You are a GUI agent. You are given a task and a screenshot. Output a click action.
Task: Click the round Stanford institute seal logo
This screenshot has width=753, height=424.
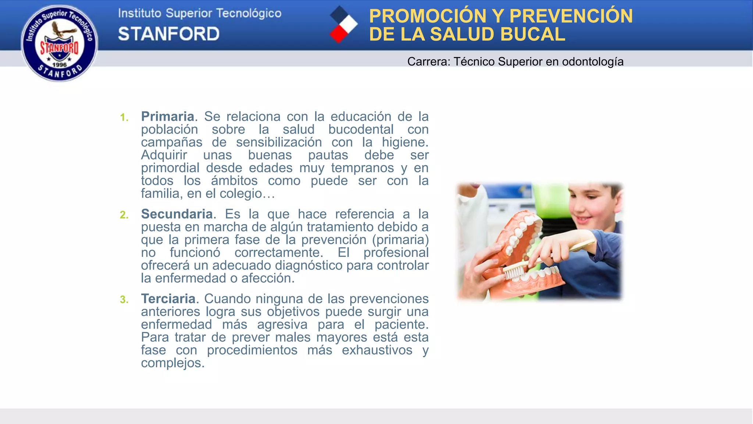[x=60, y=43]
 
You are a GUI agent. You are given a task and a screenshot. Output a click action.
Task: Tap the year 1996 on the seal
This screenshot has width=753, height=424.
[x=59, y=65]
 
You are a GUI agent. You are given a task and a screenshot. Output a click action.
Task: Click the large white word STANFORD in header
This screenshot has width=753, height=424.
[x=169, y=34]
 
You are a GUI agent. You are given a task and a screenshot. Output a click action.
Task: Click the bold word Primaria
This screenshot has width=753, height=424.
[x=168, y=117]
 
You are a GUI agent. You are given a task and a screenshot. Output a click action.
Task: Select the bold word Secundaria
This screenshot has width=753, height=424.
[x=177, y=214]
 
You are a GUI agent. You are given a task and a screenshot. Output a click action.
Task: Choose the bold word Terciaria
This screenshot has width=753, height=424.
[x=168, y=299]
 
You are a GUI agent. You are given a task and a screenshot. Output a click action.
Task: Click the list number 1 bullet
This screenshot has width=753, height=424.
[x=124, y=118]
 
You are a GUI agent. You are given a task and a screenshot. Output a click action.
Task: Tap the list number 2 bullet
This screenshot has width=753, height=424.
[x=124, y=215]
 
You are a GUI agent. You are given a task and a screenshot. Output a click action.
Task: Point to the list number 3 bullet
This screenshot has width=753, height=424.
[x=124, y=300]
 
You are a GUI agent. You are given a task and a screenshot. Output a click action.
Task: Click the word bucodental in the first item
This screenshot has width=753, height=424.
[x=361, y=130]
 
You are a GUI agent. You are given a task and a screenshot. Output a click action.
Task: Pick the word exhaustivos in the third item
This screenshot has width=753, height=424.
[x=377, y=350]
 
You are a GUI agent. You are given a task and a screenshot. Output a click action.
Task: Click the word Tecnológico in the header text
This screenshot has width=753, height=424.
[x=249, y=14]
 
